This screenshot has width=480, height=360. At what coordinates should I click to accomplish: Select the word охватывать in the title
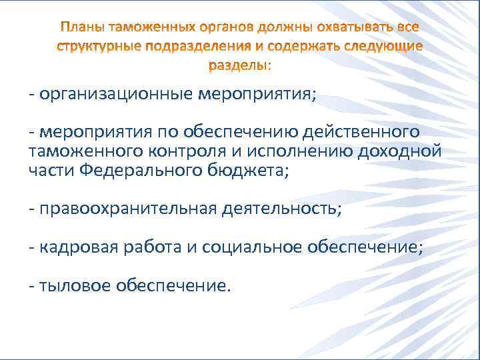pos(356,27)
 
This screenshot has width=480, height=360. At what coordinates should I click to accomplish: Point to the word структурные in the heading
pos(95,47)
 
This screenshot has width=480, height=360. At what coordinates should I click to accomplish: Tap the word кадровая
pos(77,247)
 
